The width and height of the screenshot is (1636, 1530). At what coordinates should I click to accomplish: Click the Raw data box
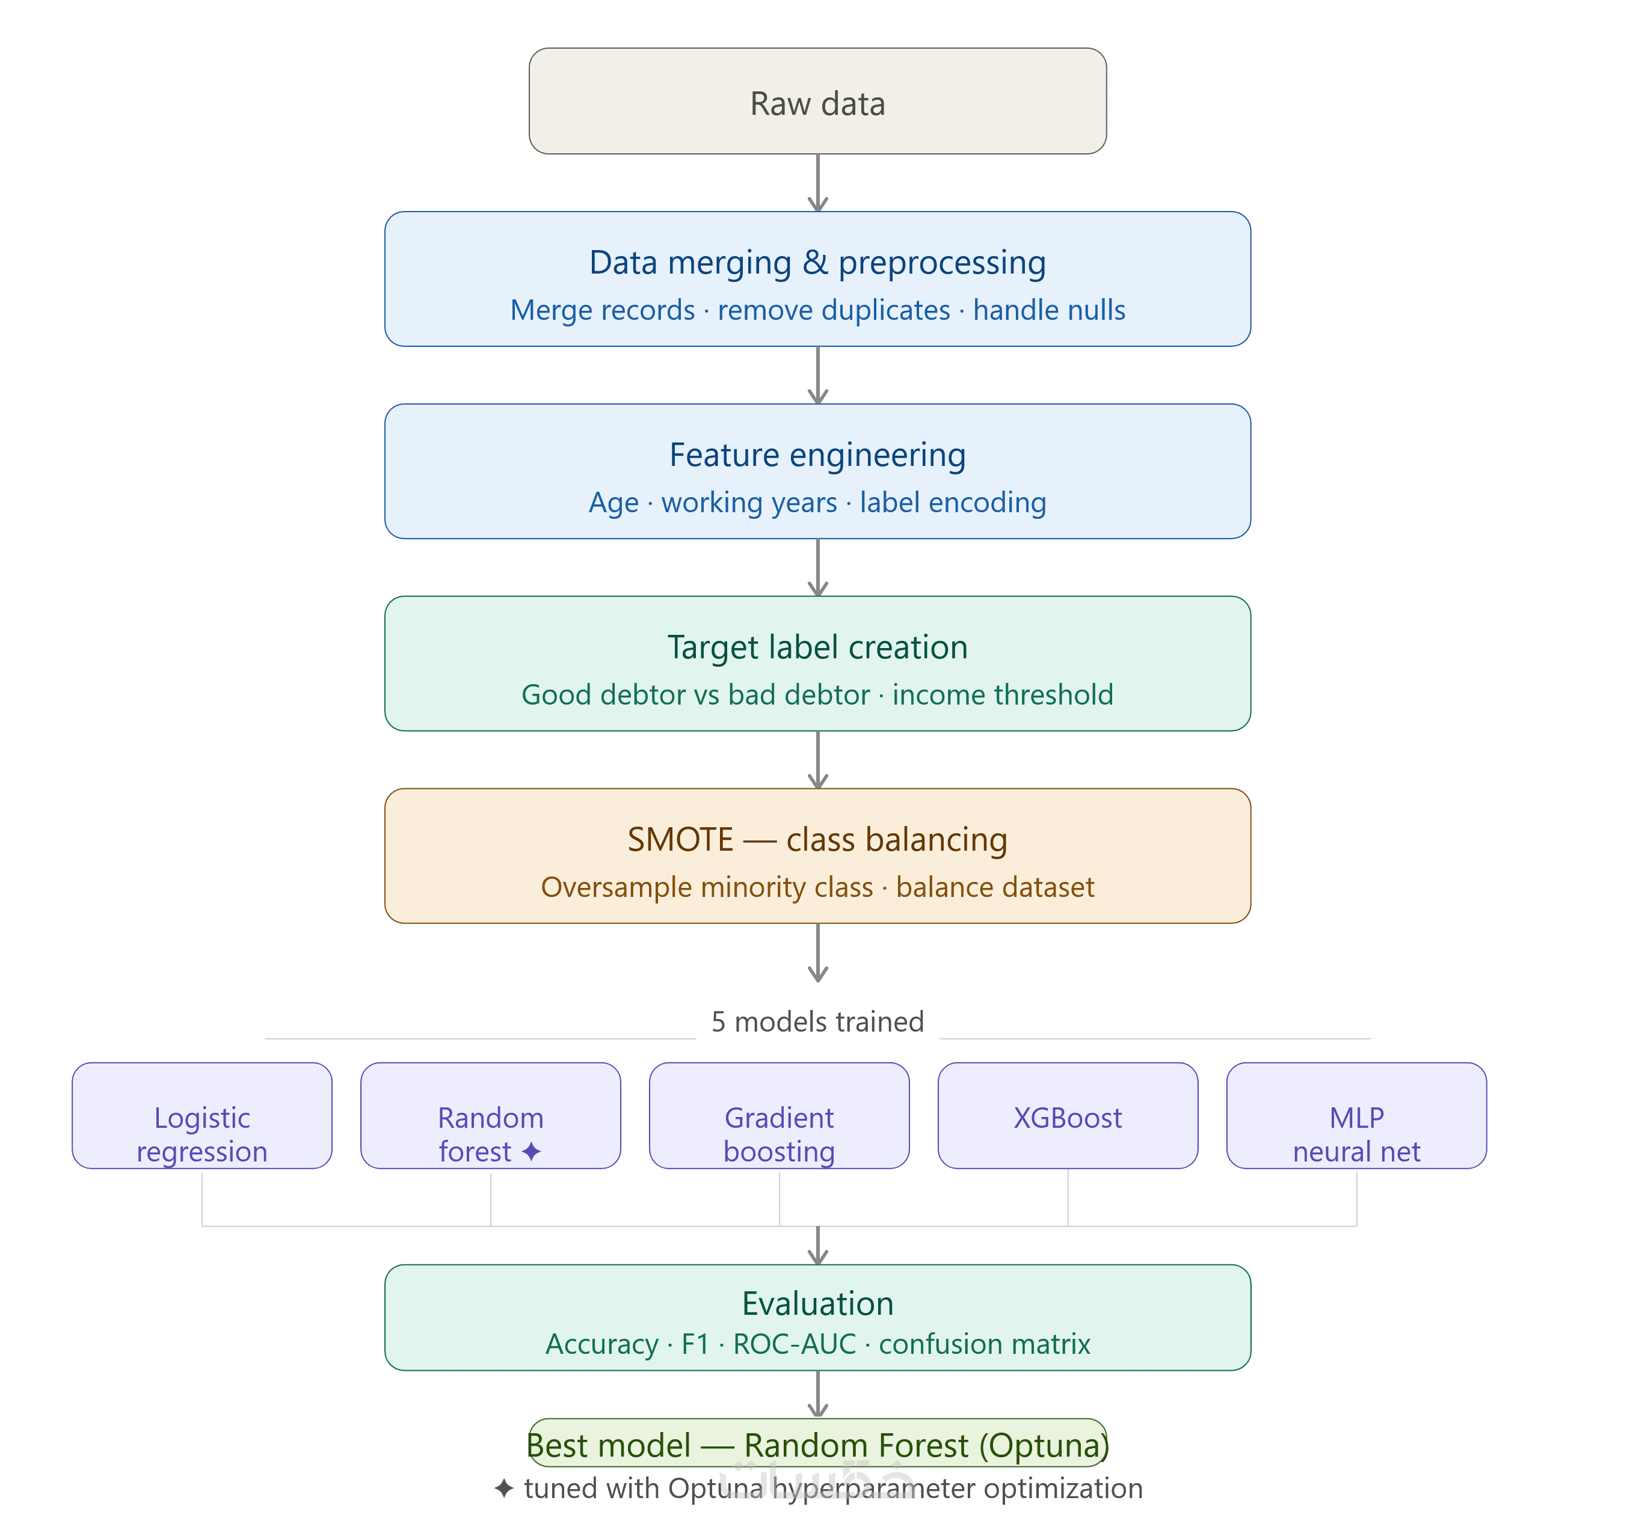point(817,100)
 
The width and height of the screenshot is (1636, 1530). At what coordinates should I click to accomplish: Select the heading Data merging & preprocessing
point(817,262)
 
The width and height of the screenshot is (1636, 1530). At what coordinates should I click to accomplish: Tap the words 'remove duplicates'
point(834,310)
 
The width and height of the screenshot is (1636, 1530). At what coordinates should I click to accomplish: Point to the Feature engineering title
point(817,455)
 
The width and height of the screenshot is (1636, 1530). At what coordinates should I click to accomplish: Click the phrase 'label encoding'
point(953,503)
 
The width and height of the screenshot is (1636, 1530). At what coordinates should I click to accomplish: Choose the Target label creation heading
point(817,647)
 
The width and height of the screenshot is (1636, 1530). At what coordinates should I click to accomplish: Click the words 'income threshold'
point(1002,695)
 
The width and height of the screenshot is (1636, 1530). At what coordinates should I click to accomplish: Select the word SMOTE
point(680,840)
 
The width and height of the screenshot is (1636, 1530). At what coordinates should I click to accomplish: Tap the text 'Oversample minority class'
point(707,887)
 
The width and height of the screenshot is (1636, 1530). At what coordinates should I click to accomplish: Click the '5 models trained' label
point(817,1021)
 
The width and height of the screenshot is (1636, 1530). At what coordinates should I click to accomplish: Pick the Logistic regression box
point(201,1115)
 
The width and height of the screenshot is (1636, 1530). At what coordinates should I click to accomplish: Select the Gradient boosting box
point(780,1115)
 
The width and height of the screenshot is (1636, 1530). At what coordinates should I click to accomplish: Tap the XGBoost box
point(1068,1115)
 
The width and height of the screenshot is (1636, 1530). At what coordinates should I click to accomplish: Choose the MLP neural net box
point(1357,1115)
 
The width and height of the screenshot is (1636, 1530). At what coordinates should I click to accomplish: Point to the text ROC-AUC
point(794,1344)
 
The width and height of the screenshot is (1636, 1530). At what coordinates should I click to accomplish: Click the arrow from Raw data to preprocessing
point(817,183)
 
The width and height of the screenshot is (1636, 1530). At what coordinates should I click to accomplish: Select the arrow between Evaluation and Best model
point(817,1394)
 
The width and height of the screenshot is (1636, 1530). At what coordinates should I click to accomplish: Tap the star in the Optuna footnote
point(503,1488)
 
